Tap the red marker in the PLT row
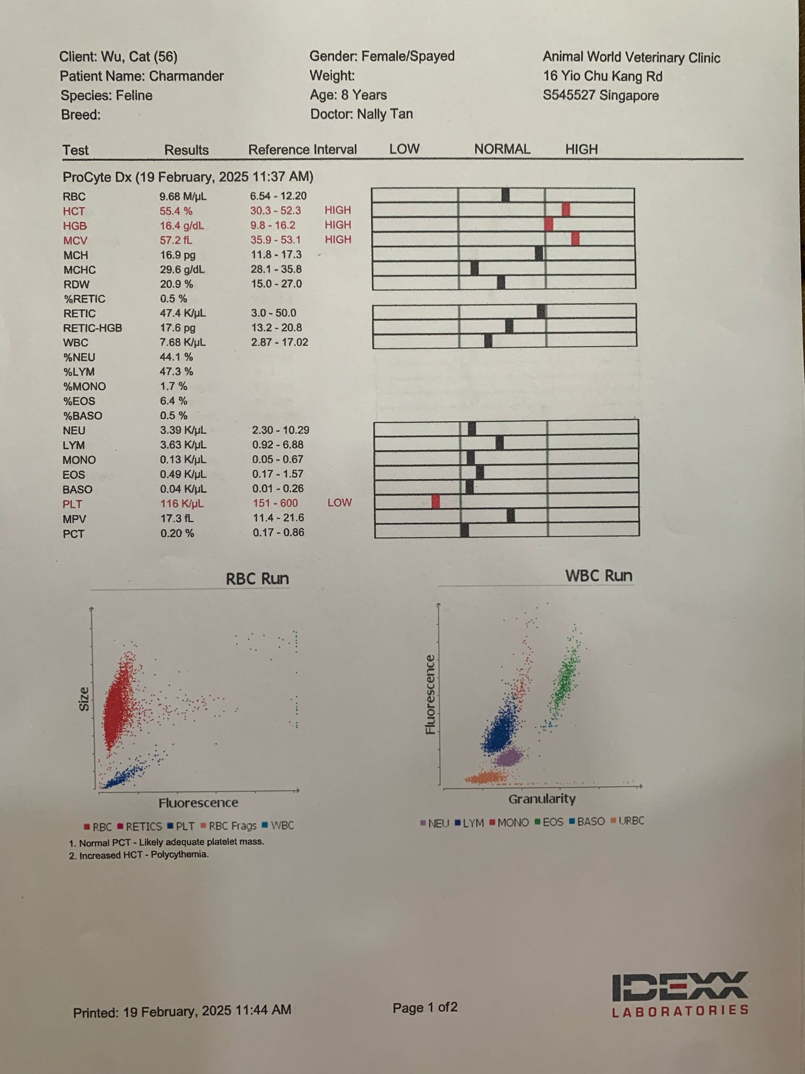point(436,502)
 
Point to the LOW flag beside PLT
point(339,502)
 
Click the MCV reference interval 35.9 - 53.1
point(278,240)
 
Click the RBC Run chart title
point(257,578)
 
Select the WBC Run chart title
point(599,575)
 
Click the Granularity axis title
point(541,799)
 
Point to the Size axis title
point(84,699)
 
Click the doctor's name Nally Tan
point(385,114)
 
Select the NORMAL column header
point(502,149)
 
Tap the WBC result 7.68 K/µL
point(182,342)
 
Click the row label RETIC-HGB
point(92,328)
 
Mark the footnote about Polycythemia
point(139,855)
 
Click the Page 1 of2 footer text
point(425,1007)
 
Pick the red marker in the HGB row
point(549,224)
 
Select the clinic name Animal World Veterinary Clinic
point(631,57)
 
